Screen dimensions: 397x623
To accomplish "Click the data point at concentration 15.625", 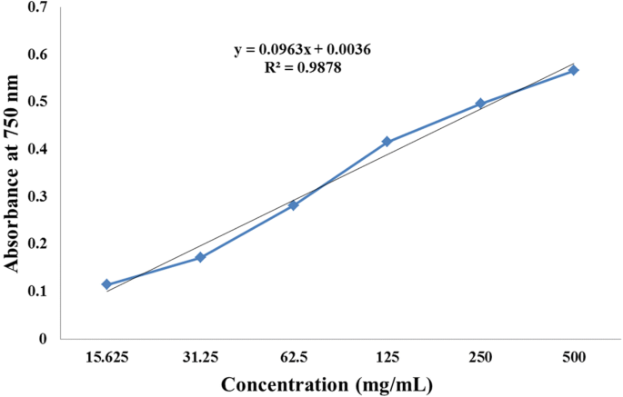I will click(106, 284).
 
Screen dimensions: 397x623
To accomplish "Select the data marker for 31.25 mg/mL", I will click(201, 257).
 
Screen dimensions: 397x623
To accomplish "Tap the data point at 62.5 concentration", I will click(294, 204).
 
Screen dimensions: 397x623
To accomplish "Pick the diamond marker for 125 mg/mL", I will click(387, 142).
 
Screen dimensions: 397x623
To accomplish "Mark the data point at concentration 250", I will click(480, 104).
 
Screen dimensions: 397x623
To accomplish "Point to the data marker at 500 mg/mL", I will click(574, 70).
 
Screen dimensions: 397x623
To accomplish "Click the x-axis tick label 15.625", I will click(106, 357).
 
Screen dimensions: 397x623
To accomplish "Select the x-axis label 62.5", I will click(294, 357).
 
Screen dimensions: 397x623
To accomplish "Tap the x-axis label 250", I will click(480, 357).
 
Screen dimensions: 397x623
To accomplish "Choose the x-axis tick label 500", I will click(574, 357).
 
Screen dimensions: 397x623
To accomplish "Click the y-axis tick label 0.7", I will click(38, 7).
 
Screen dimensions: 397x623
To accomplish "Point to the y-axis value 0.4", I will click(38, 149).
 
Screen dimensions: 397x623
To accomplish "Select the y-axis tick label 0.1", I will click(38, 292).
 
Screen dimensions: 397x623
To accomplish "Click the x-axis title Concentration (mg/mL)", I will click(327, 384).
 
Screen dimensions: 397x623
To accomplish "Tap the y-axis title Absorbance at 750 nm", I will click(12, 173).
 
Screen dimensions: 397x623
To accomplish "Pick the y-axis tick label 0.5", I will click(38, 102).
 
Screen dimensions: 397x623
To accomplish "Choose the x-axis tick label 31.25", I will click(201, 357).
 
